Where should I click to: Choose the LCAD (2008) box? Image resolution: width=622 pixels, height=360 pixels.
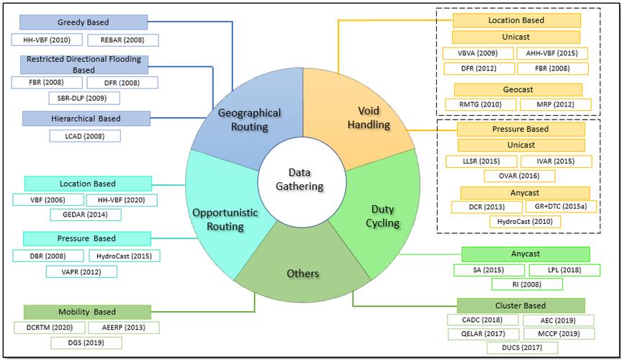tap(84, 135)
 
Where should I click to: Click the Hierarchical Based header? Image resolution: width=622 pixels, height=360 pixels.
tap(86, 118)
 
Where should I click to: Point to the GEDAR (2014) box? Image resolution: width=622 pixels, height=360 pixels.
tap(86, 215)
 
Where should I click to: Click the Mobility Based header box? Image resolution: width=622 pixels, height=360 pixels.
tap(87, 312)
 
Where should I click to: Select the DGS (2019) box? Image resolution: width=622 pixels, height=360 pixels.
tap(86, 343)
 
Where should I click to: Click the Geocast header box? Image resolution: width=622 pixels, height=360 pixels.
tap(518, 89)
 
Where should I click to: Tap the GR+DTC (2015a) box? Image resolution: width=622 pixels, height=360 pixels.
tap(555, 207)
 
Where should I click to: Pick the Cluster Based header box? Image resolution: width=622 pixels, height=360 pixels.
tap(520, 305)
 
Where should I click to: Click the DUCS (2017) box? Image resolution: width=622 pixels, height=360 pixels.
tap(522, 348)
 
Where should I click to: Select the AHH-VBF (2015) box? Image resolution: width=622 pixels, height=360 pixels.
tap(552, 53)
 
